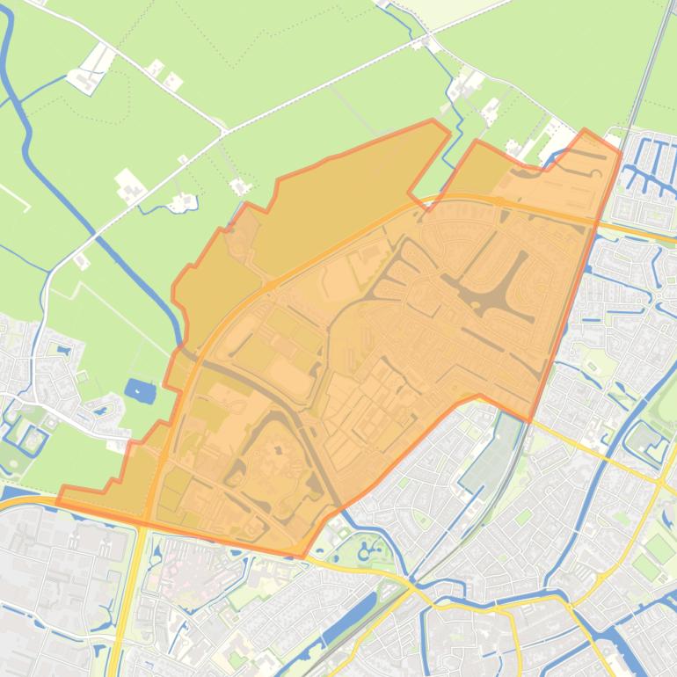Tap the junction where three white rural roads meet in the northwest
click(x=224, y=132)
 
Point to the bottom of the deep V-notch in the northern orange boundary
click(x=411, y=193)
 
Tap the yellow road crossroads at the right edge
click(x=661, y=482)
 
